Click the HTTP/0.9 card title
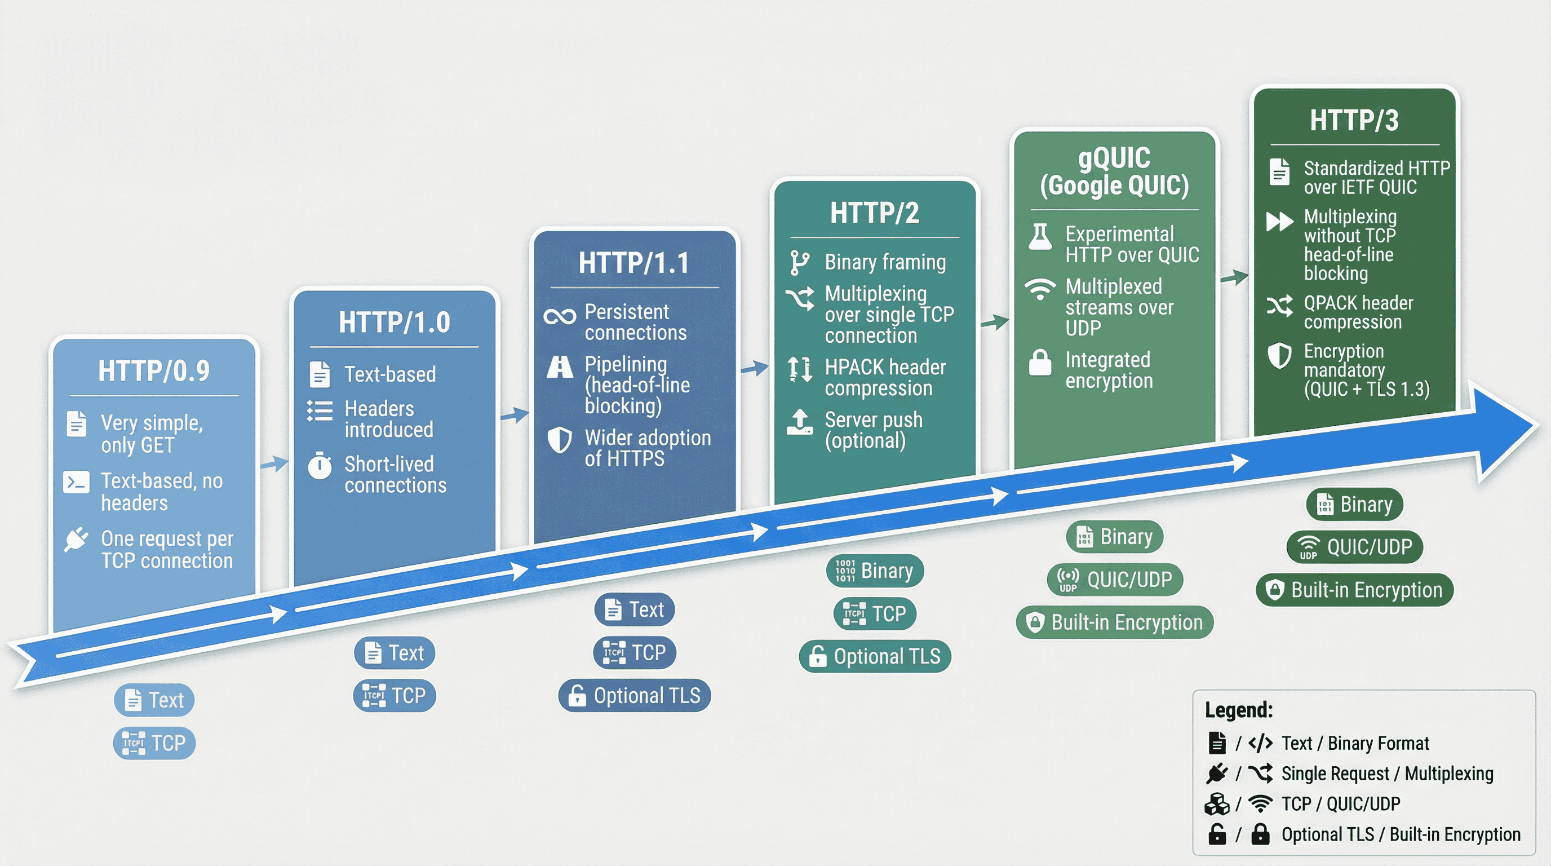(x=154, y=370)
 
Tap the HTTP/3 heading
(x=1354, y=120)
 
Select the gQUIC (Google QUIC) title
(x=1114, y=171)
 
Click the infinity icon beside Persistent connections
(x=559, y=317)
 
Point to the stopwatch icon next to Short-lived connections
(x=320, y=466)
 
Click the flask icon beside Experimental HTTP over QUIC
(x=1040, y=237)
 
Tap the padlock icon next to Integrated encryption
(x=1040, y=363)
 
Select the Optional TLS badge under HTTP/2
(x=875, y=656)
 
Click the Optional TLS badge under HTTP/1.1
(x=635, y=696)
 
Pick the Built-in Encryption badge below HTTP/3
(x=1355, y=590)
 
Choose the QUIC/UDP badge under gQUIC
(x=1115, y=580)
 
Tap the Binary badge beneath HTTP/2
(x=875, y=571)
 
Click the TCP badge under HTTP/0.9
(x=154, y=743)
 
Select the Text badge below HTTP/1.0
(x=395, y=653)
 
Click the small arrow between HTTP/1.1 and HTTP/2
(x=755, y=368)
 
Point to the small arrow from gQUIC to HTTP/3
(x=1235, y=277)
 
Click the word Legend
(x=1239, y=709)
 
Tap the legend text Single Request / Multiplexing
(x=1387, y=774)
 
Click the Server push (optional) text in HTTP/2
(x=873, y=430)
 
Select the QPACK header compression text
(x=1358, y=312)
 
